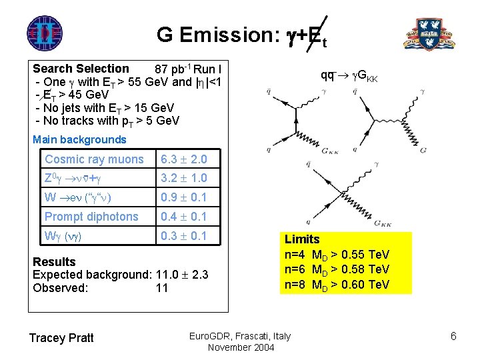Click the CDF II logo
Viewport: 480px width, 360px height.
[45, 32]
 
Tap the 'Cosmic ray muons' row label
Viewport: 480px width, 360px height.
[94, 159]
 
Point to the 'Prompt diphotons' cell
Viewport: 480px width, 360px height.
[91, 217]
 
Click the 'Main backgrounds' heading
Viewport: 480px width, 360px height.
[79, 140]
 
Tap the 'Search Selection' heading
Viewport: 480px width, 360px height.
[81, 69]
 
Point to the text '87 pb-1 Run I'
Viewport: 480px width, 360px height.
[188, 69]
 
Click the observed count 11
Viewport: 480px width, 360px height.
[162, 289]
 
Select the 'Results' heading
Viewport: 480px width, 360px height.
[54, 262]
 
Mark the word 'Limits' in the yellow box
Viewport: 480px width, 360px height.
[302, 239]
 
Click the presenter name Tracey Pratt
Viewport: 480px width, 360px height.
[61, 338]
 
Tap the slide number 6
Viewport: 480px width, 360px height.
[453, 336]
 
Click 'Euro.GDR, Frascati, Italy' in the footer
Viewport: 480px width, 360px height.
[240, 335]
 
